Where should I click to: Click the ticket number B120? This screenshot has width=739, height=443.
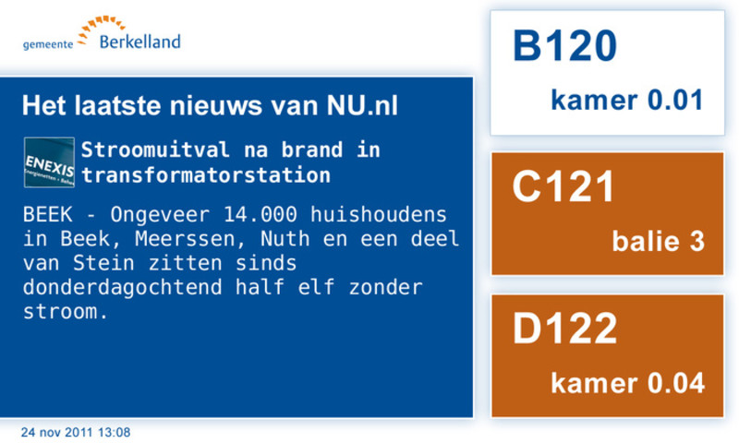pyautogui.click(x=564, y=45)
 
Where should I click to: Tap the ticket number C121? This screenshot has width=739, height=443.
pyautogui.click(x=563, y=186)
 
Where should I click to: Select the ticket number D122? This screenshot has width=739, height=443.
pyautogui.click(x=564, y=329)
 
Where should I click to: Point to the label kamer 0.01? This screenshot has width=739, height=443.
pyautogui.click(x=627, y=100)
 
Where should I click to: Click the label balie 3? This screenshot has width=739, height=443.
pyautogui.click(x=659, y=241)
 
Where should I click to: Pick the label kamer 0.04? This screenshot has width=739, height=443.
pyautogui.click(x=628, y=383)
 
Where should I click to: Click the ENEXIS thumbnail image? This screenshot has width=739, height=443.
pyautogui.click(x=49, y=162)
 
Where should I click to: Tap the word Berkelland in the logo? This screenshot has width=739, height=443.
pyautogui.click(x=140, y=42)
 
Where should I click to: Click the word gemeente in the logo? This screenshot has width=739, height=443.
pyautogui.click(x=48, y=44)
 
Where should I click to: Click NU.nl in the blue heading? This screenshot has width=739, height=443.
pyautogui.click(x=362, y=105)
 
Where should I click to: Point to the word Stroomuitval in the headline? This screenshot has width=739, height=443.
pyautogui.click(x=155, y=150)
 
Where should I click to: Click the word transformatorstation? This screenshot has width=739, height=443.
pyautogui.click(x=206, y=175)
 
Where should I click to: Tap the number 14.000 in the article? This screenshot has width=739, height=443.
pyautogui.click(x=260, y=215)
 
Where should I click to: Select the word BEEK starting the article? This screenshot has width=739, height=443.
pyautogui.click(x=48, y=215)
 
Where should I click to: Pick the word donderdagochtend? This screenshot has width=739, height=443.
pyautogui.click(x=123, y=287)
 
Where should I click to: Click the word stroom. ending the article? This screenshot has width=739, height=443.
pyautogui.click(x=66, y=312)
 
